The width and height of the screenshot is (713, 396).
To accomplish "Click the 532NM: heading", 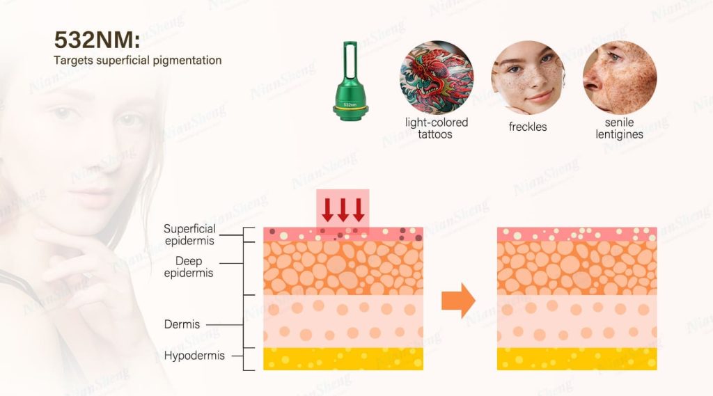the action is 97,40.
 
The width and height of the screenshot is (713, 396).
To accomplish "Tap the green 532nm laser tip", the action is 350,81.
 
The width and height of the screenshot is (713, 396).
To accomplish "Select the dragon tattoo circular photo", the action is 436,77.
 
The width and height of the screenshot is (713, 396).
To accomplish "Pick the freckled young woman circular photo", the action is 528,77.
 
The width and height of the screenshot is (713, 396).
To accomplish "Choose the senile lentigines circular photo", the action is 619,77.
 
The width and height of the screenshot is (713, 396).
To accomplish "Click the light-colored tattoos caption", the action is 436,128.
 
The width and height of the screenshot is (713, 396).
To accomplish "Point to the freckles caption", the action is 528,127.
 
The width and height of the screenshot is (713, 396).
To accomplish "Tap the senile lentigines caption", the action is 619,128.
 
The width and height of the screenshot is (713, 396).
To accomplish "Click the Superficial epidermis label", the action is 189,235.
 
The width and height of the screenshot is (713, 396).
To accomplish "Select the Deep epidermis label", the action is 188,267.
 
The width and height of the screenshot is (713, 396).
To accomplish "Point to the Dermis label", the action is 182,324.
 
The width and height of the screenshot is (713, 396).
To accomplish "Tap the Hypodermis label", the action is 194,356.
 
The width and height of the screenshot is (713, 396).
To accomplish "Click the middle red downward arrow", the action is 343,209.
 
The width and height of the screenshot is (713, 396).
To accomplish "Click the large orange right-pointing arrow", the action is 458,300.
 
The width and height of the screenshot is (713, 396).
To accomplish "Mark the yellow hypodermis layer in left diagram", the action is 343,358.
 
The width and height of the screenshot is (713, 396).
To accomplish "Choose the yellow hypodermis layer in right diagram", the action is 577,358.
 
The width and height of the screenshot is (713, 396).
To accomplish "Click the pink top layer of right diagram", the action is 577,234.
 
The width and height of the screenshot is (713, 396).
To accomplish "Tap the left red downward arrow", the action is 327,209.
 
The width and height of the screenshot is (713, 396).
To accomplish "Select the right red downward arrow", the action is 359,209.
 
